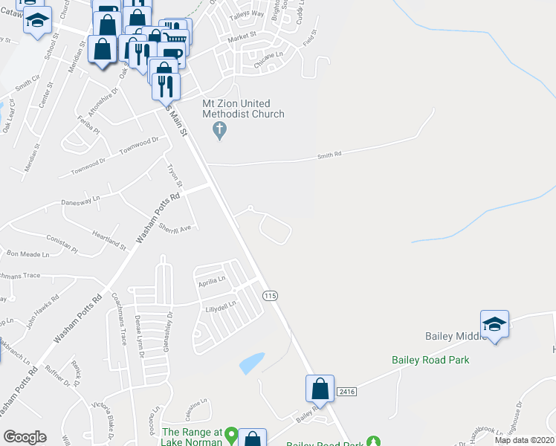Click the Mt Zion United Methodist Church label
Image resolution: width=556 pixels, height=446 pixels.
(244, 109)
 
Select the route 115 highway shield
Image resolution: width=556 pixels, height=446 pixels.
(270, 295)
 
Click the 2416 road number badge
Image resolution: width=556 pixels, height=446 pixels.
(346, 391)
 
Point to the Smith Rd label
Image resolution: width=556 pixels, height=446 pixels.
(329, 155)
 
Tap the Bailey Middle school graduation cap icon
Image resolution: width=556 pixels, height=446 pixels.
(494, 324)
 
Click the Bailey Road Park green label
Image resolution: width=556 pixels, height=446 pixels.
(431, 360)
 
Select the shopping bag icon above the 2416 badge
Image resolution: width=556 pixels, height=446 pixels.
(319, 388)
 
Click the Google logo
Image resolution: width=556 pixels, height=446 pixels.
(25, 437)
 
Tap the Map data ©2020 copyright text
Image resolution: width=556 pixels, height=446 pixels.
(523, 440)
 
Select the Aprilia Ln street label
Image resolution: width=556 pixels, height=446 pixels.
(210, 280)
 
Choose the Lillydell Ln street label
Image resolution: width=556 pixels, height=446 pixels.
(220, 306)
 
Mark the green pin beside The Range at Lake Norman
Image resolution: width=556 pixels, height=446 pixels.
(231, 433)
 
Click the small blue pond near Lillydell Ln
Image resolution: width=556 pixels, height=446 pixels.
(251, 362)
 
